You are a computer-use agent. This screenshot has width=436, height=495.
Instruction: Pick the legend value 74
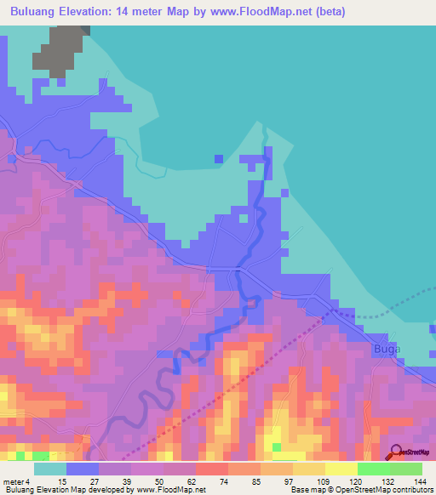[x=211, y=481]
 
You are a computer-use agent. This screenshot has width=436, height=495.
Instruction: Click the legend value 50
[x=146, y=481]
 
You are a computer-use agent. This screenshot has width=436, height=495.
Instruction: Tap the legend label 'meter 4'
[x=15, y=481]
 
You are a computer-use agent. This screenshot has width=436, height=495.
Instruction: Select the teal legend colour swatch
[x=49, y=469]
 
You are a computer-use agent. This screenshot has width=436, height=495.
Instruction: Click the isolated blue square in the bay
[x=219, y=159]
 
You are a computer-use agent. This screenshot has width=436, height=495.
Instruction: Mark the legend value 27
[x=82, y=481]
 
